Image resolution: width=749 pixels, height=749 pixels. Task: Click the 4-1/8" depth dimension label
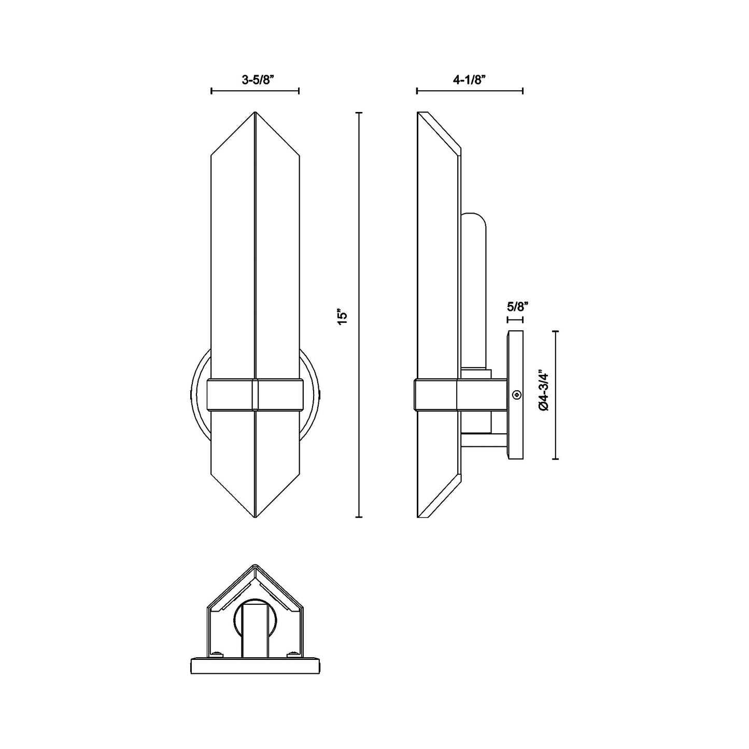coord(469,80)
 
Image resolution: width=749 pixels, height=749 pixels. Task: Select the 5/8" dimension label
coord(517,306)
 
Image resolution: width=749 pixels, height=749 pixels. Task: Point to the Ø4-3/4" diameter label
coord(543,390)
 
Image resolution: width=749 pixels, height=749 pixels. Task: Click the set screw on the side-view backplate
coord(516,395)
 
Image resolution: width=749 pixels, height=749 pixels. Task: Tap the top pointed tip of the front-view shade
coord(255,113)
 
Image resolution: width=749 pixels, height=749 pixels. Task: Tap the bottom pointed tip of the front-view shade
coord(255,517)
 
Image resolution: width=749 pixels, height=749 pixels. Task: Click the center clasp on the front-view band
coord(255,395)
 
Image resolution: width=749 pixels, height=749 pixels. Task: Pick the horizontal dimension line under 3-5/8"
coord(255,92)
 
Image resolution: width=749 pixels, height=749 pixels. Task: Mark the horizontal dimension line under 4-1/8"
coord(470,92)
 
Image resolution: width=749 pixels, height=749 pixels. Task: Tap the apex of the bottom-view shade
coord(254,566)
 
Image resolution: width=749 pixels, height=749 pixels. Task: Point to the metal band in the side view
coord(435,395)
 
